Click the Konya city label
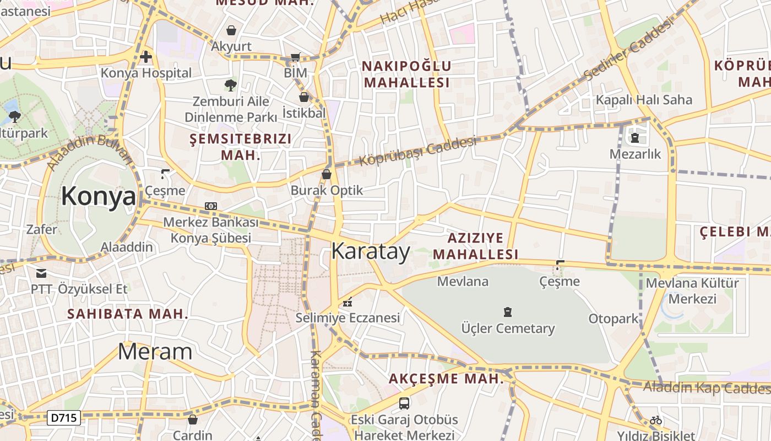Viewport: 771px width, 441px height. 98,196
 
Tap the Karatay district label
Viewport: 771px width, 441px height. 371,251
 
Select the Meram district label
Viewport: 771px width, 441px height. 155,352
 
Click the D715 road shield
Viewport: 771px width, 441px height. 64,418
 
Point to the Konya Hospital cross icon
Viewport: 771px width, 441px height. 146,57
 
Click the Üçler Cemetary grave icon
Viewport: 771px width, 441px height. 508,312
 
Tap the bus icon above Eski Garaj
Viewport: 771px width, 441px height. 404,403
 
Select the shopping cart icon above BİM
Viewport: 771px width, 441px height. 296,57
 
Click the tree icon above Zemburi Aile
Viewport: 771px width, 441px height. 230,85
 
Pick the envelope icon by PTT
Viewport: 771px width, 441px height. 41,273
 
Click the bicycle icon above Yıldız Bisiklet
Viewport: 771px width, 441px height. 655,420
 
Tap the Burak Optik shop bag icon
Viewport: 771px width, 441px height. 327,174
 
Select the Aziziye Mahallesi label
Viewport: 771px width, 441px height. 475,246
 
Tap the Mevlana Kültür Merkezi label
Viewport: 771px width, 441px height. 692,291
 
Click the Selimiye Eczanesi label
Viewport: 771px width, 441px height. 348,318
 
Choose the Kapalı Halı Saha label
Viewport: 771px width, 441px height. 644,100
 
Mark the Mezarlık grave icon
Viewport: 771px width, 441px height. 635,137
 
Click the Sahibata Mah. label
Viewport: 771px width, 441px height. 128,314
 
